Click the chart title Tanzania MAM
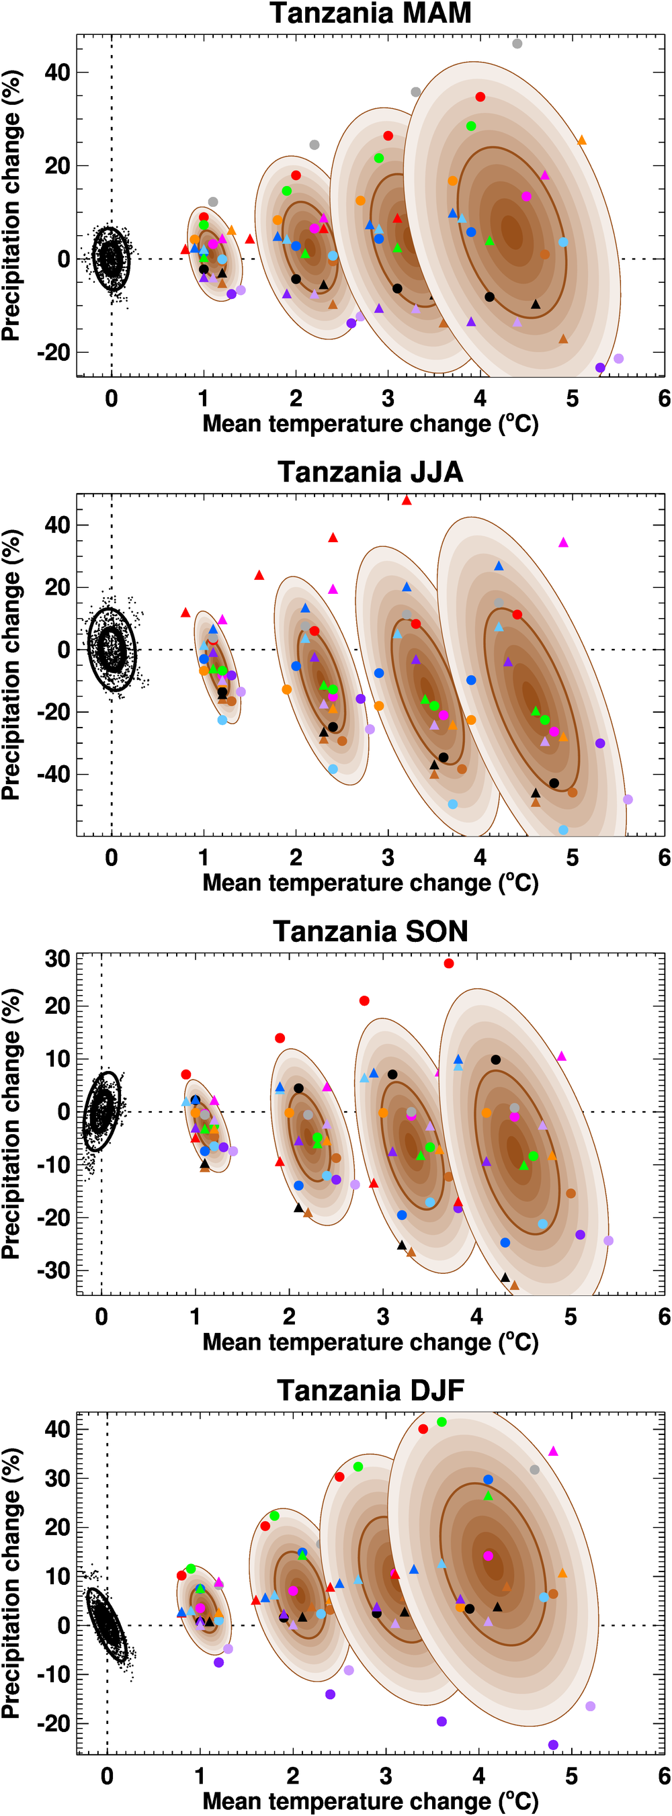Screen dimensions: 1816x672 [x=370, y=13]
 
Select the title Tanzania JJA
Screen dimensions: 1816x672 [x=370, y=472]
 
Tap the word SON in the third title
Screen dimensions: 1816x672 [x=437, y=931]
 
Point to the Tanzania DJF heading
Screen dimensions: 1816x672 [x=370, y=1390]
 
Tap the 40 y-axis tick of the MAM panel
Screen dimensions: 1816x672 [x=57, y=72]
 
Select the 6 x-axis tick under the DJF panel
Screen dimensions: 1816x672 [x=663, y=1776]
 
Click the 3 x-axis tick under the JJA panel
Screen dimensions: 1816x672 [x=388, y=857]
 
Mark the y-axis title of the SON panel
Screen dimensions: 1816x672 [x=11, y=1124]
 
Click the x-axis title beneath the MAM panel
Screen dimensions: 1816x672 [x=370, y=424]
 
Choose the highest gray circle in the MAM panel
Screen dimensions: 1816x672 [x=517, y=44]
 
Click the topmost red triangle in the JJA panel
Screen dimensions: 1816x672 [x=406, y=501]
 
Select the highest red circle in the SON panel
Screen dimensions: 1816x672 [x=448, y=963]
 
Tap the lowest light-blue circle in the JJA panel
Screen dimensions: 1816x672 [x=562, y=830]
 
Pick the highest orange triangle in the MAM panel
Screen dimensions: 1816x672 [x=582, y=141]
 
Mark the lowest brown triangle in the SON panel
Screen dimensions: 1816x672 [x=514, y=1286]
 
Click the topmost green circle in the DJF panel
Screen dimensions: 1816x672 [x=442, y=1422]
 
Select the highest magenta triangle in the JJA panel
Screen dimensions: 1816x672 [x=562, y=543]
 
